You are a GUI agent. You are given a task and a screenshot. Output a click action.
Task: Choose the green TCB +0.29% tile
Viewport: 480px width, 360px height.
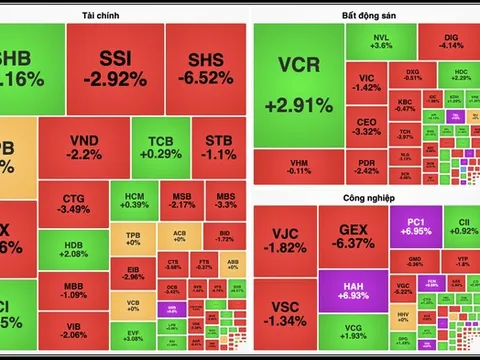click(160, 147)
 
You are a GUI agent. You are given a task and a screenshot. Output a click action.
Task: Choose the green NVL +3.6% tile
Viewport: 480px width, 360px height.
click(381, 40)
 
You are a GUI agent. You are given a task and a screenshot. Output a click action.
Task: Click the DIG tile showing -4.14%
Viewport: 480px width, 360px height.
click(451, 40)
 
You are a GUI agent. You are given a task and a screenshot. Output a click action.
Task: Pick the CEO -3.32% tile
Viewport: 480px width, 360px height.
click(367, 126)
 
